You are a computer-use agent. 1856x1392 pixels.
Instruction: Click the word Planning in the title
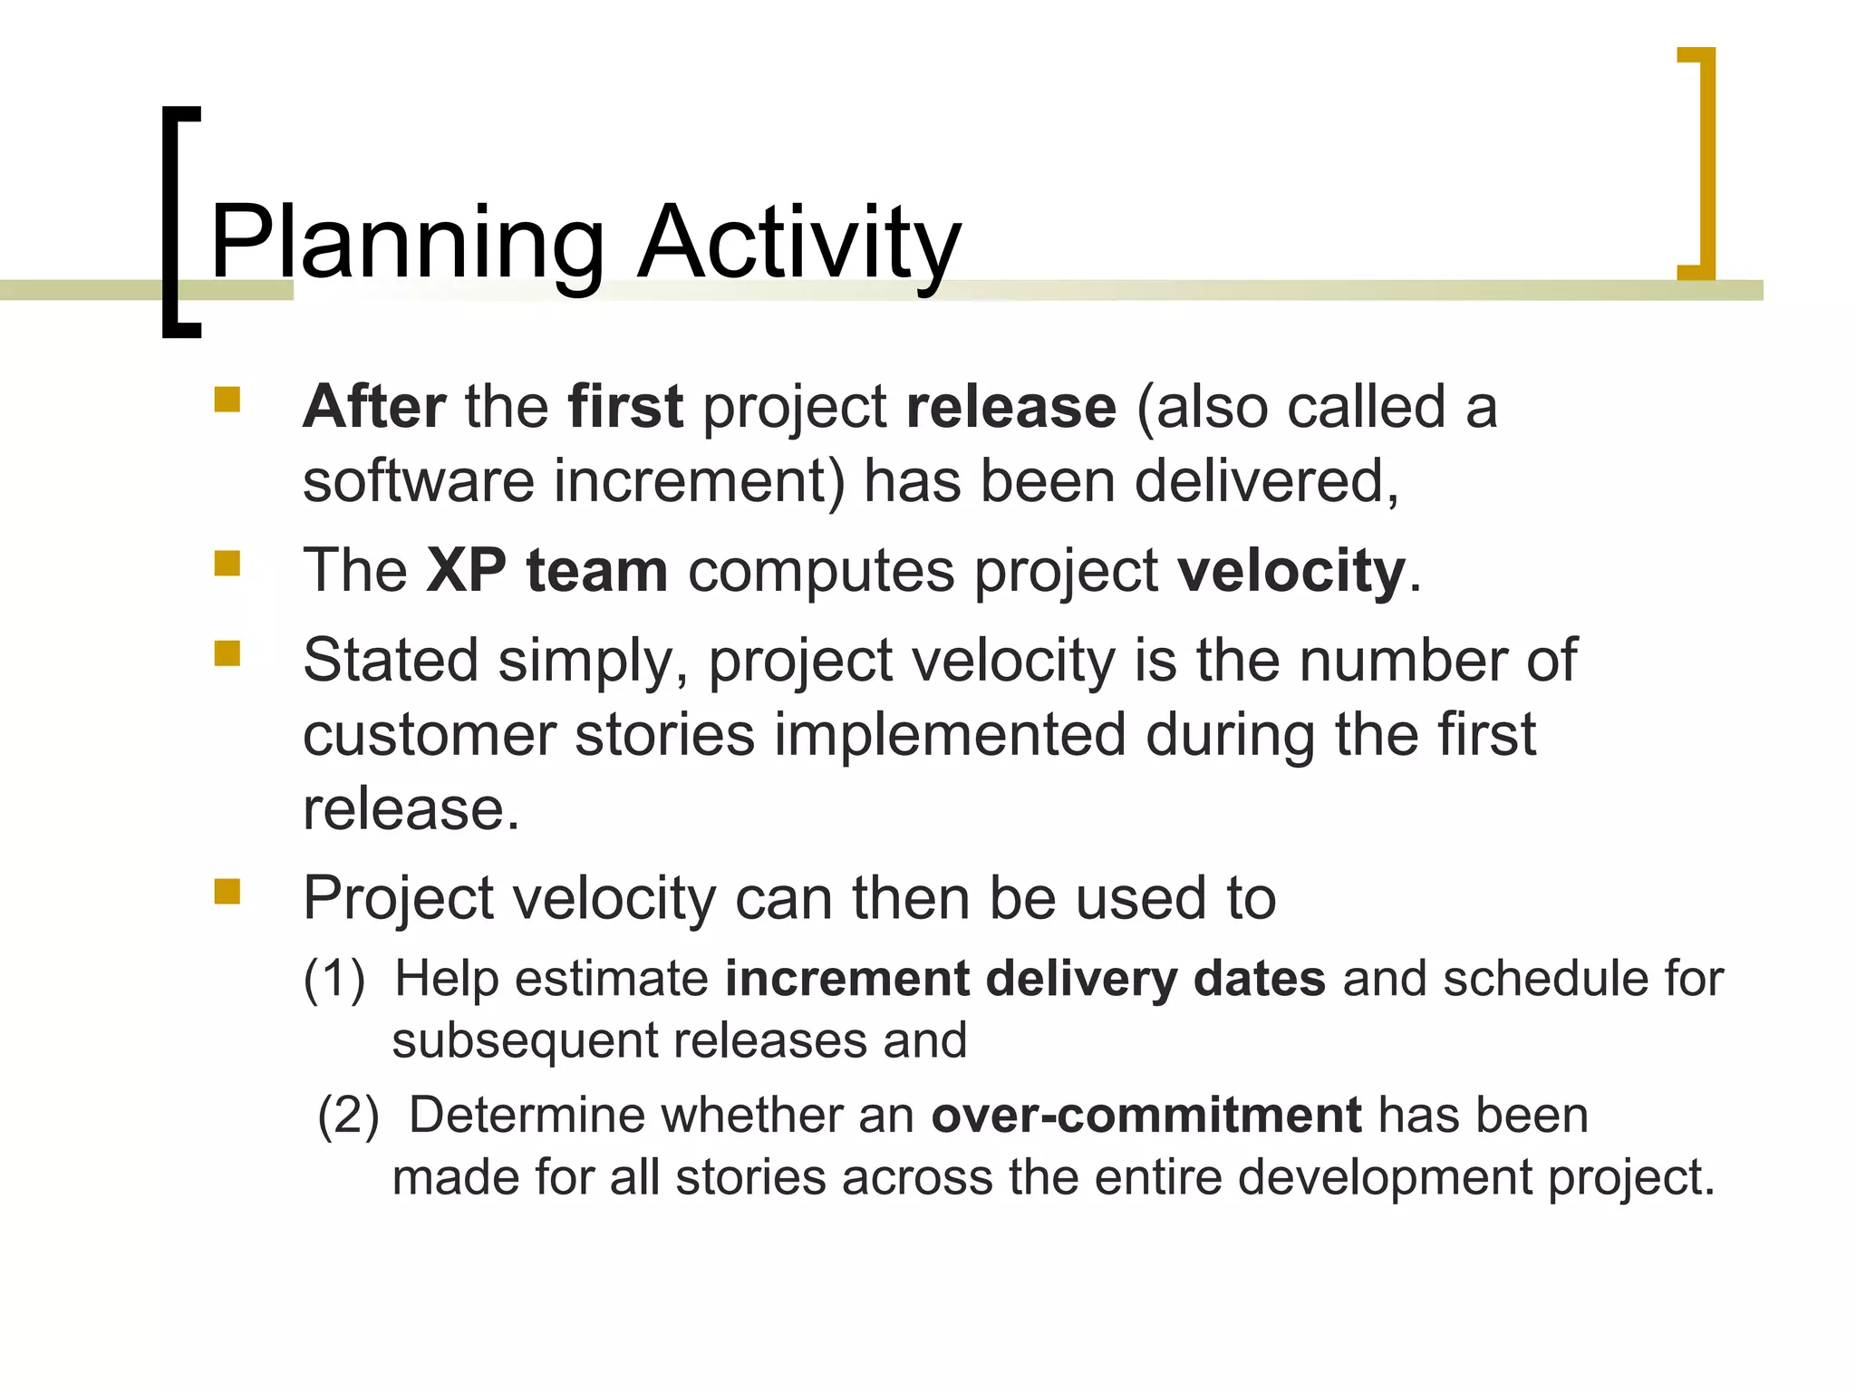coord(407,243)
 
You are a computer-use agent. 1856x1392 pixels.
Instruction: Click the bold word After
coord(374,406)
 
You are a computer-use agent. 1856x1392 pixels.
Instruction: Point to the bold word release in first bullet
coord(1010,408)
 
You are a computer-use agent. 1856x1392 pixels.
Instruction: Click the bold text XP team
coord(546,571)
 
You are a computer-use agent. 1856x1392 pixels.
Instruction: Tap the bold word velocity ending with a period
coord(1290,571)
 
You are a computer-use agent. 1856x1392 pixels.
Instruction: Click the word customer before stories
coord(429,734)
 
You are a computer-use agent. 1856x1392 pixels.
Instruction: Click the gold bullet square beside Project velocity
coord(227,892)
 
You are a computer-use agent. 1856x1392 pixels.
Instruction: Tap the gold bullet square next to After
coord(227,400)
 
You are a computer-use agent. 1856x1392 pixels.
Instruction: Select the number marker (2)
coord(348,1116)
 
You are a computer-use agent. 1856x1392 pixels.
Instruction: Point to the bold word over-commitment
coord(1145,1115)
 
